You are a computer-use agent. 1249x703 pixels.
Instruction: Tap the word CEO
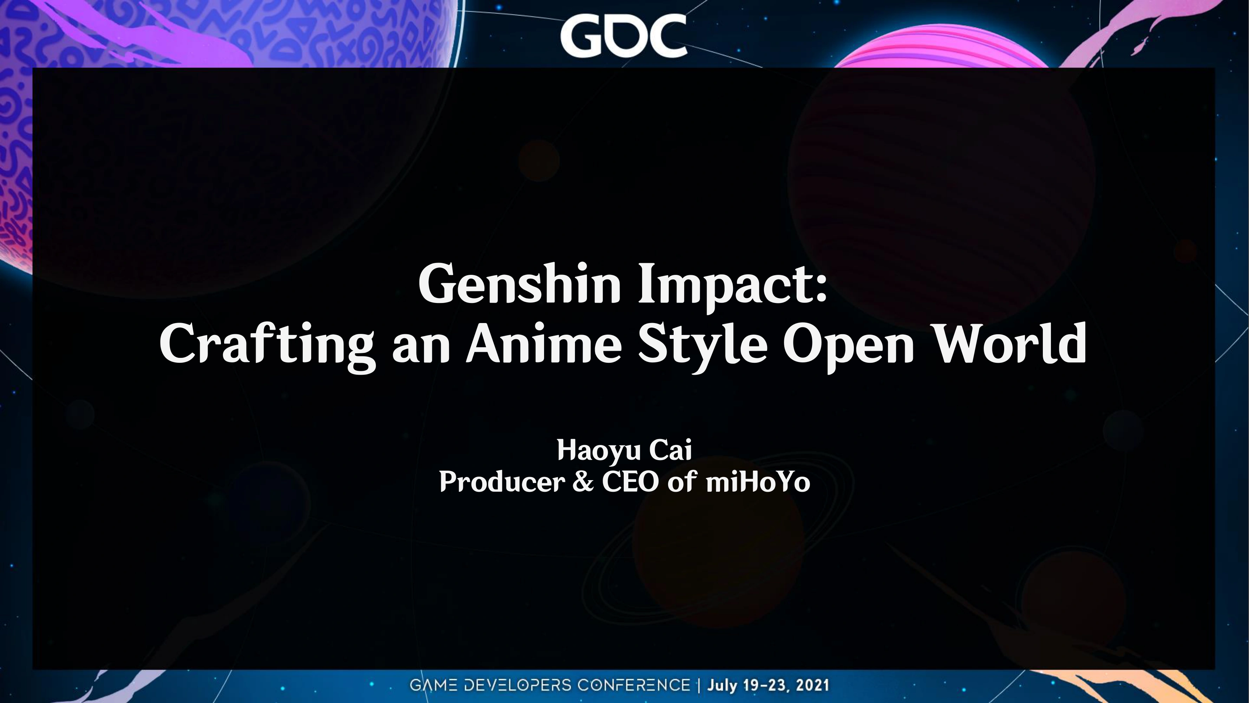630,482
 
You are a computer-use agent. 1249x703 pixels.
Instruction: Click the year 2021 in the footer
812,685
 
